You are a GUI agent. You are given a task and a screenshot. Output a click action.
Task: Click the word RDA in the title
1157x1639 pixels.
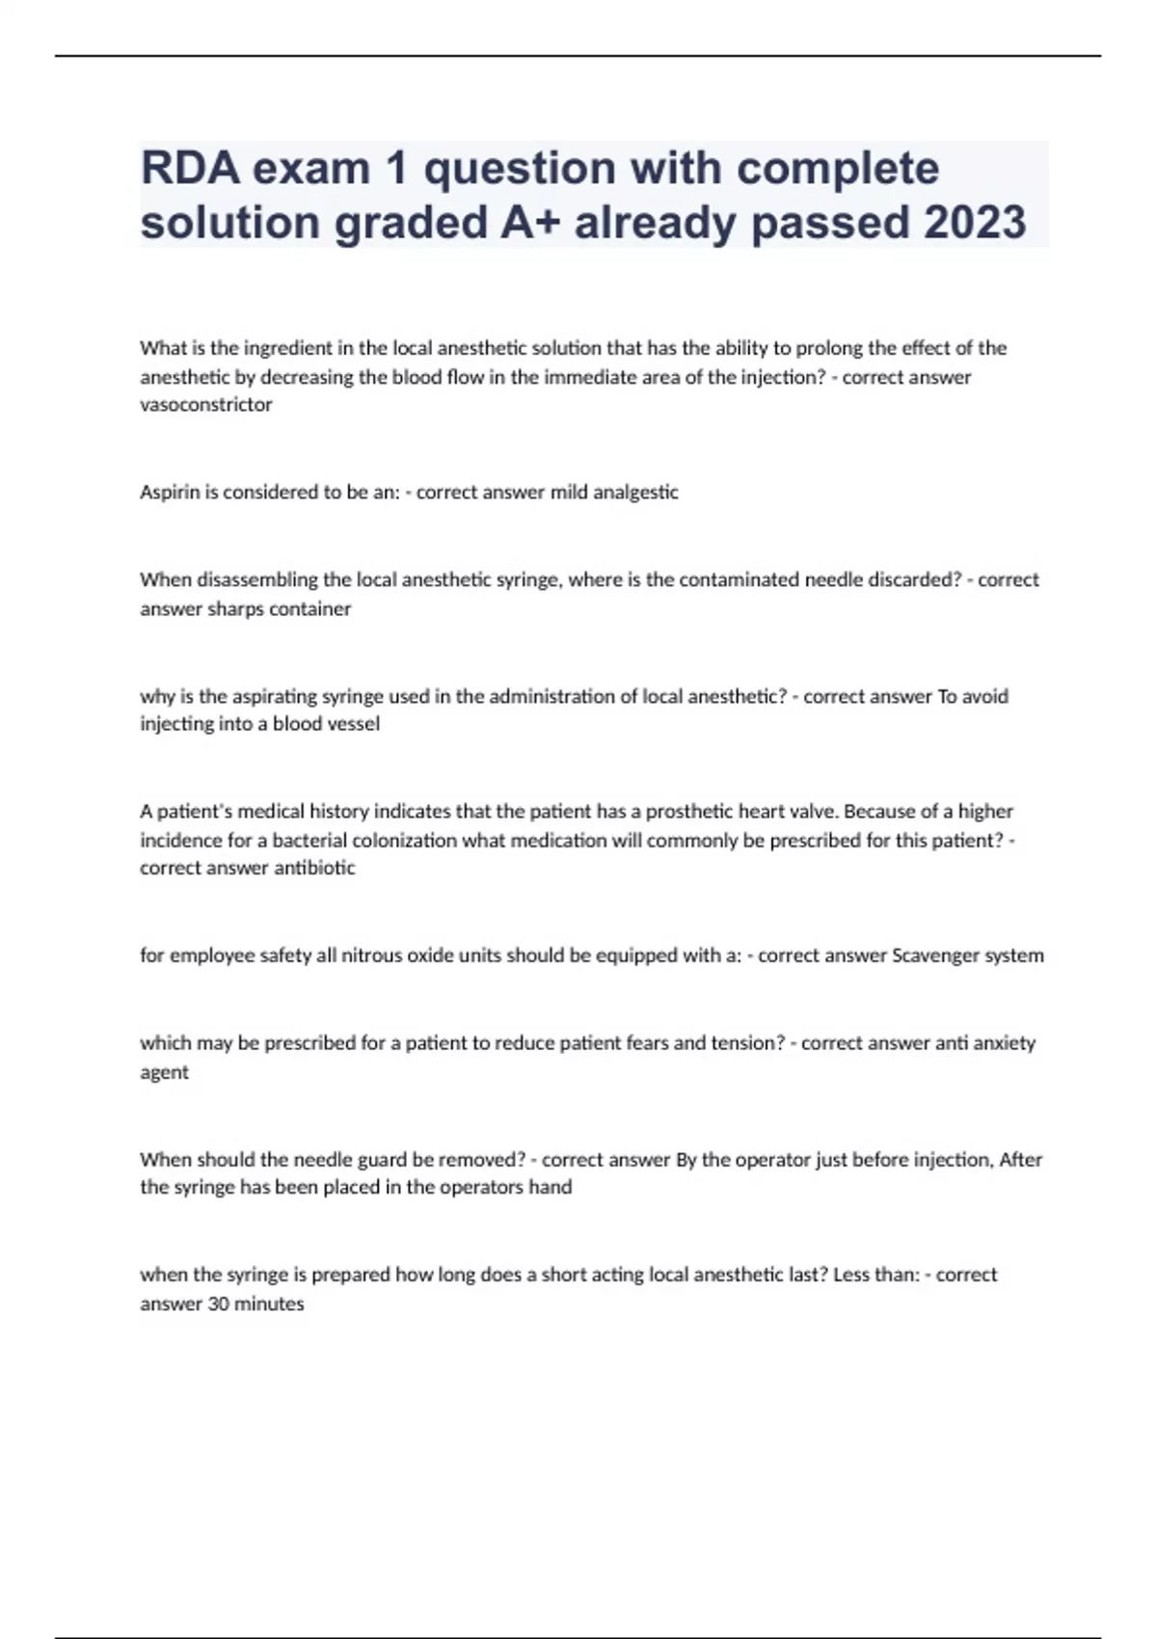[x=190, y=169]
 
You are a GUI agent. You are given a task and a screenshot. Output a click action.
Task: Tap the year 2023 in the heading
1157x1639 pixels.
[x=975, y=223]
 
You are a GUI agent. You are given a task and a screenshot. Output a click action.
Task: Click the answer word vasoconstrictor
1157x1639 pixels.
[x=206, y=405]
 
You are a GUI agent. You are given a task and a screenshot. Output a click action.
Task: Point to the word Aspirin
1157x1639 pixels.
[x=168, y=492]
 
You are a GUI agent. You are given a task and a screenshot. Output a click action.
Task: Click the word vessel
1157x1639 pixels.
[x=353, y=724]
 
